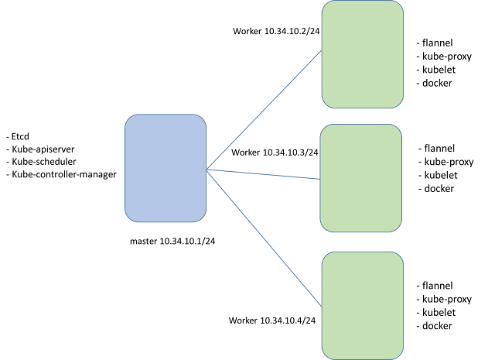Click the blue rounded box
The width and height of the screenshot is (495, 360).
pos(166,168)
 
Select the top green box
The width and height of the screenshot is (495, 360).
pos(362,54)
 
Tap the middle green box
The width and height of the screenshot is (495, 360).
pos(360,178)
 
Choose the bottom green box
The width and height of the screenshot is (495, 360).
pos(362,305)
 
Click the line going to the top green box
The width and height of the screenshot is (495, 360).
pos(263,110)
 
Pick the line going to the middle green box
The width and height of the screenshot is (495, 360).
pos(263,174)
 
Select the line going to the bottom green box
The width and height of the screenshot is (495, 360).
pos(263,237)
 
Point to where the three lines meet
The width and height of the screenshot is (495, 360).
pos(207,169)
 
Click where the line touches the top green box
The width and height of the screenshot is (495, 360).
pos(321,51)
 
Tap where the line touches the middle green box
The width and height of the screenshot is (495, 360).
pos(319,179)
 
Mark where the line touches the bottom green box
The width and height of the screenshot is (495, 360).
pos(321,306)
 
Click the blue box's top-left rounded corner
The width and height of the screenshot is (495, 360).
pos(128,118)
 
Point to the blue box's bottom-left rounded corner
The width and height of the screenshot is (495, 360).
pos(128,218)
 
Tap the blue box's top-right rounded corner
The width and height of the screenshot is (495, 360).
pos(203,118)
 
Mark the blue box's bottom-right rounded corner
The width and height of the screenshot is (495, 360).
pos(203,218)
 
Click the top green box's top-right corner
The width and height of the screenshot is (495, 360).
pos(400,5)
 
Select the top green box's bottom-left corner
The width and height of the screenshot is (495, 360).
pos(325,105)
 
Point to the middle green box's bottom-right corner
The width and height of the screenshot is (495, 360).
pos(398,228)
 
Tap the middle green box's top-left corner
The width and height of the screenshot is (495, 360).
pos(323,129)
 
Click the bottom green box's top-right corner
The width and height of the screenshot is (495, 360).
pos(400,255)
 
